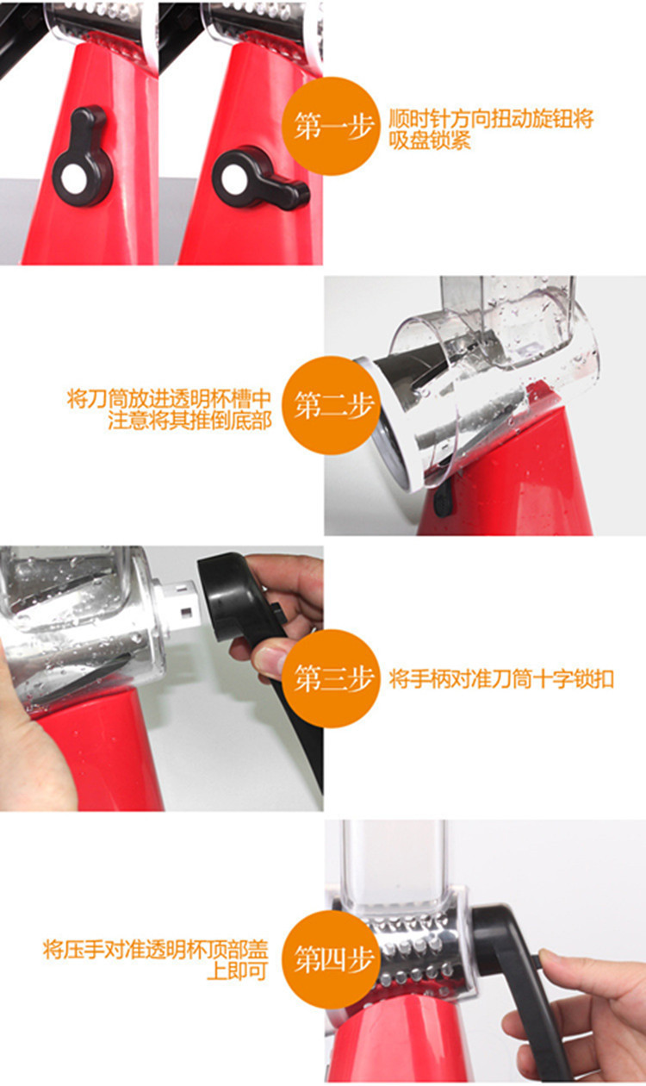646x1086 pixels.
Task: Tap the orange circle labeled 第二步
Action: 332,405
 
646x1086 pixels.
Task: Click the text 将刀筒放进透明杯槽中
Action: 169,399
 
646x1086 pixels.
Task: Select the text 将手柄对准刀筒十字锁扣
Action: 501,679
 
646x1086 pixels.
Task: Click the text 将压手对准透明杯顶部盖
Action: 156,949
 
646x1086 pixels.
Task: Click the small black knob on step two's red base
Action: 443,501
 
